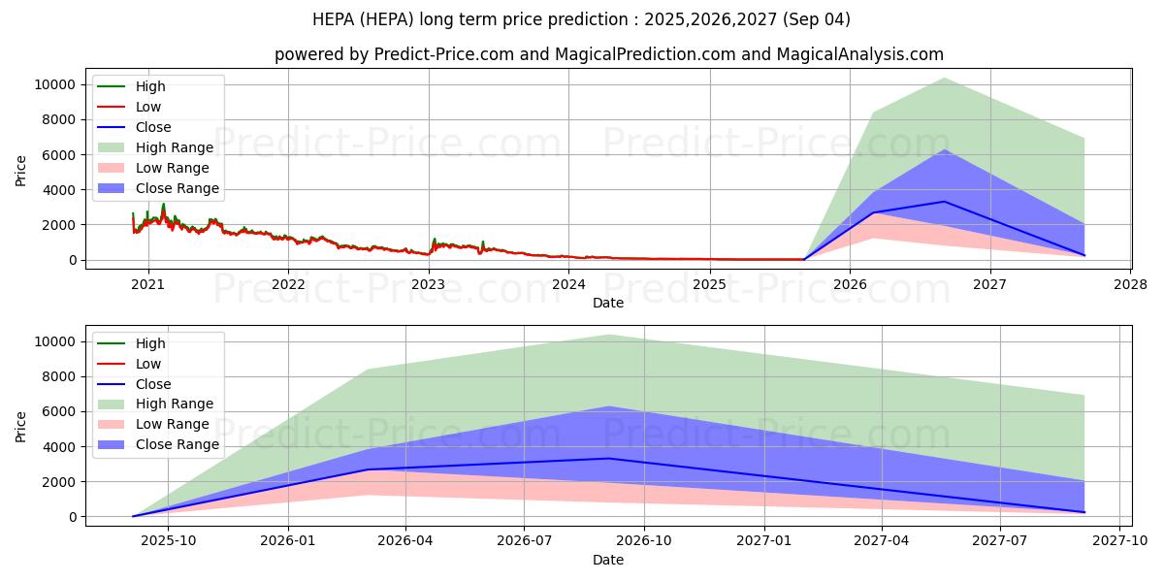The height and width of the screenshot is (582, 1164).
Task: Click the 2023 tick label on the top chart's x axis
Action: (428, 284)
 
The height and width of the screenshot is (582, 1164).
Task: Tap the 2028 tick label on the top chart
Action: (1130, 284)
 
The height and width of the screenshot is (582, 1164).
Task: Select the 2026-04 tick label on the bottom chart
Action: (405, 541)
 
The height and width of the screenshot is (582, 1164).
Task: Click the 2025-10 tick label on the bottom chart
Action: (169, 541)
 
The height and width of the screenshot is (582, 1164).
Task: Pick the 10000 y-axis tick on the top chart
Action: (54, 84)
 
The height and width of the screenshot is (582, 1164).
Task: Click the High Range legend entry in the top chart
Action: (175, 147)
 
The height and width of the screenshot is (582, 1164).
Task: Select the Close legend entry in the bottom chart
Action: (153, 384)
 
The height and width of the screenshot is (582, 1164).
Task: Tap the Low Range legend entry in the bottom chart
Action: (173, 425)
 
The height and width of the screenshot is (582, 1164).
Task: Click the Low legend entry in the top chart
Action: (148, 107)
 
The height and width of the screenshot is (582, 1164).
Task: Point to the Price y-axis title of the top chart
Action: (21, 171)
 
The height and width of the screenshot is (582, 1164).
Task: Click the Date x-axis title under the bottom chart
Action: (608, 560)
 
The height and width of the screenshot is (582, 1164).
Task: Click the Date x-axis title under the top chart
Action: (608, 303)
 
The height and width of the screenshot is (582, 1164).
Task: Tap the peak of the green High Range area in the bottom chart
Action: (609, 336)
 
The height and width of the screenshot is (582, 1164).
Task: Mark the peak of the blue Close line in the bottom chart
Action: (609, 459)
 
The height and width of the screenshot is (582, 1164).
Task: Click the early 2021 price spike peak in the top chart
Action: (163, 205)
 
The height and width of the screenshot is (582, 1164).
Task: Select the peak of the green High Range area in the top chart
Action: (944, 79)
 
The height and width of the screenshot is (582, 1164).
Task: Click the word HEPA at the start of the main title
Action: (334, 18)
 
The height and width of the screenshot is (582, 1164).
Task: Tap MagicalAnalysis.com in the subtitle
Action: (859, 54)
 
